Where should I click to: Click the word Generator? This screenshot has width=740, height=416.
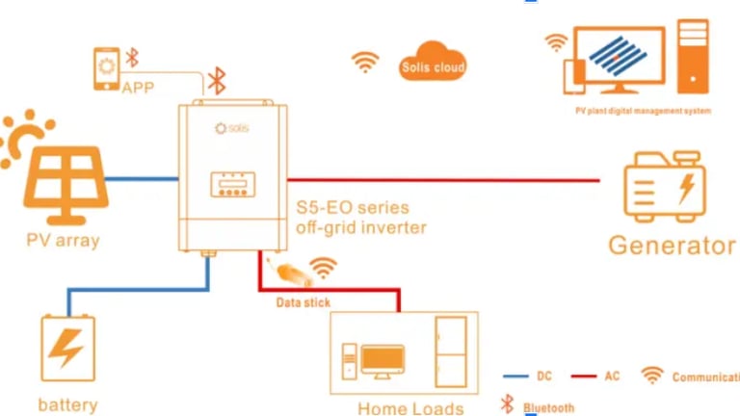coord(671,246)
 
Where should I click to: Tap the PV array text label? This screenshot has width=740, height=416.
coord(63,240)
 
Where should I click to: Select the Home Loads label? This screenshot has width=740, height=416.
coord(410,408)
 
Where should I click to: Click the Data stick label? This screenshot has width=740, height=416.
coord(303,302)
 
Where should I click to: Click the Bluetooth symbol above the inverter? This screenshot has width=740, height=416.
coord(218,81)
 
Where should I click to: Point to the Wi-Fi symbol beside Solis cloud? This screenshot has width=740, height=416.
coord(365,63)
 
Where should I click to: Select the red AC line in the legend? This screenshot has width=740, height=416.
coord(584,377)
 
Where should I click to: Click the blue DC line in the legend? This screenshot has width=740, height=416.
coord(516,377)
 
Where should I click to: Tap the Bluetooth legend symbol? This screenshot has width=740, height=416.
coord(506,405)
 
